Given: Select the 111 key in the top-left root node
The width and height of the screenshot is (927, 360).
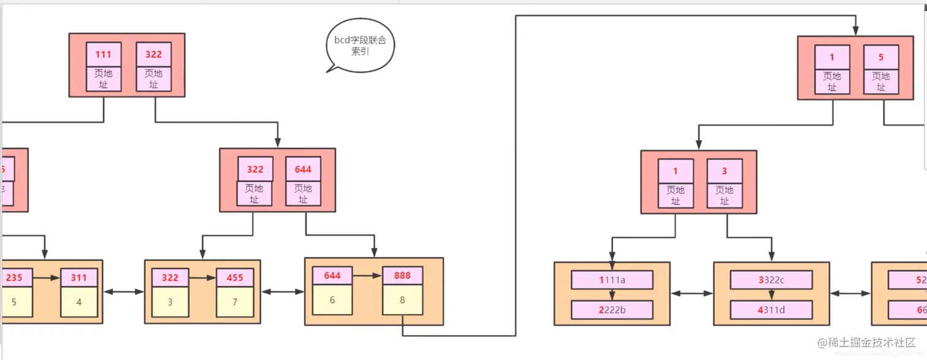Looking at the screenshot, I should tap(104, 54).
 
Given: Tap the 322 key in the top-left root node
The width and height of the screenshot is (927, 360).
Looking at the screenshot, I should tap(153, 54).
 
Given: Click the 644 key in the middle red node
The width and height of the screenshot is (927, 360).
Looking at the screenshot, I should tap(303, 169).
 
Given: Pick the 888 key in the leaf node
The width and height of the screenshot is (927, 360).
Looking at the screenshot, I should tap(402, 275).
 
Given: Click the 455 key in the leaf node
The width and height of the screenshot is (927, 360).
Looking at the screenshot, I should tap(235, 277).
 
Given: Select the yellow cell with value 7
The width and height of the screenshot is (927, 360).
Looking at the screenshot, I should tap(235, 301).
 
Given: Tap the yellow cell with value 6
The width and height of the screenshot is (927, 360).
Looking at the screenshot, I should tap(332, 300).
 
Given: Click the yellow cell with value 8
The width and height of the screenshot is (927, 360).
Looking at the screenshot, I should tap(402, 299).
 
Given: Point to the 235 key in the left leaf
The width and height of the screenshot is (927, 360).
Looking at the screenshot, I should tap(15, 277).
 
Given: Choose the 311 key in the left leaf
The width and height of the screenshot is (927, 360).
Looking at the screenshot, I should tap(78, 277).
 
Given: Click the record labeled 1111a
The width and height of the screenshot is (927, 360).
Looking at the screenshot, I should tap(612, 280).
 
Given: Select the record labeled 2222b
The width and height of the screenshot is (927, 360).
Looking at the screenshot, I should tap(612, 310).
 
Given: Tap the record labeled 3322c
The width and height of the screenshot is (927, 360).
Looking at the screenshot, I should tap(771, 280).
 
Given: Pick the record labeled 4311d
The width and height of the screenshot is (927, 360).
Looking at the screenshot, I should tap(771, 310).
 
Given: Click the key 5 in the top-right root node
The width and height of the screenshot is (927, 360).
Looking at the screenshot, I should tap(881, 57).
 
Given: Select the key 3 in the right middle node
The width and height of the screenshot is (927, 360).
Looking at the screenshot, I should tap(725, 171).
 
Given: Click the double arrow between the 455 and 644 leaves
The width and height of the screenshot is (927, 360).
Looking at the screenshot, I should tap(282, 292).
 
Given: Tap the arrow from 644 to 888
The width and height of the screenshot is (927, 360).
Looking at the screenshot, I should tap(367, 276).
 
